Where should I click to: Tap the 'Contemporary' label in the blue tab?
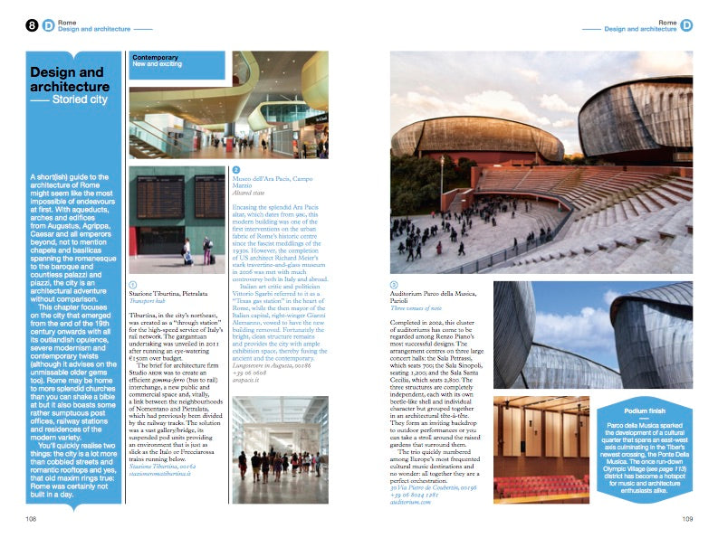[156, 57]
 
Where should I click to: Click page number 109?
[687, 518]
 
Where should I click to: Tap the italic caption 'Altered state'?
[251, 193]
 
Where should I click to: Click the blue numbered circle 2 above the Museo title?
[236, 169]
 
